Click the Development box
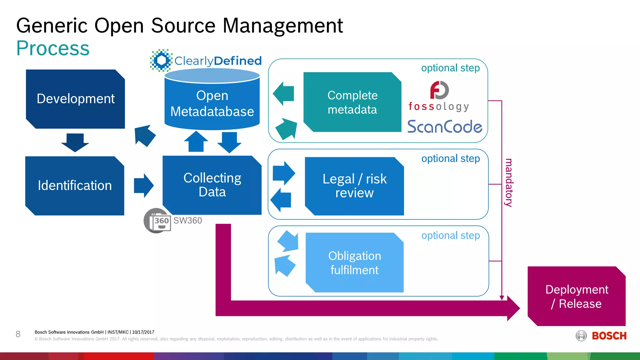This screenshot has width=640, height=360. point(75,99)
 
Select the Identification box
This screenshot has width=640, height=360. point(75,186)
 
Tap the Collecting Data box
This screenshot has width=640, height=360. point(212,185)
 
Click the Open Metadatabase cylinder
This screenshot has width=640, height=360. point(212,103)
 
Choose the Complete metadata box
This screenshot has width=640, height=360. point(352,102)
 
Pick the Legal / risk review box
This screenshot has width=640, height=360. point(354,186)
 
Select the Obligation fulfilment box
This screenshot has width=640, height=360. point(354,262)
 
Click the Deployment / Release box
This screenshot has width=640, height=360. point(577,296)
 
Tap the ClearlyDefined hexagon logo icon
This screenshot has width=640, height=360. point(161,60)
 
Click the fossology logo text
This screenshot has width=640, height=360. point(438,107)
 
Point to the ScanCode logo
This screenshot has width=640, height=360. point(444,127)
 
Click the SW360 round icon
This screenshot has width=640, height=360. point(157,221)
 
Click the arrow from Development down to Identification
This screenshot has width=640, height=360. point(75,142)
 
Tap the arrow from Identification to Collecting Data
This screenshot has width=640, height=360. point(143,186)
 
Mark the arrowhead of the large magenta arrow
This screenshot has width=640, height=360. point(512,308)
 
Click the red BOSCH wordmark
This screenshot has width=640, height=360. point(609,336)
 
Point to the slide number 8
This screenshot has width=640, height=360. point(18,334)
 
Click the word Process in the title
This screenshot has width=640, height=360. point(53,48)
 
